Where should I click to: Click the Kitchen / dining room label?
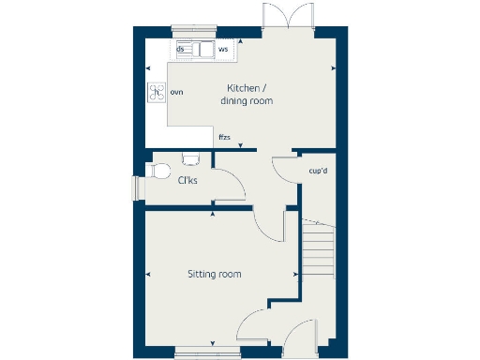click(247, 94)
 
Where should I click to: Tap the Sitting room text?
click(214, 274)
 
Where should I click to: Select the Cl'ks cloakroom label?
click(187, 180)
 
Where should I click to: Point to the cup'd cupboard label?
click(317, 171)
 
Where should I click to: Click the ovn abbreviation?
click(176, 92)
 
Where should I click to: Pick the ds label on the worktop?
click(180, 47)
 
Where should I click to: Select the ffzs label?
click(224, 137)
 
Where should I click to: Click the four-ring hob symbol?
click(156, 92)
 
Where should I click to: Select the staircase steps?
click(319, 248)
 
